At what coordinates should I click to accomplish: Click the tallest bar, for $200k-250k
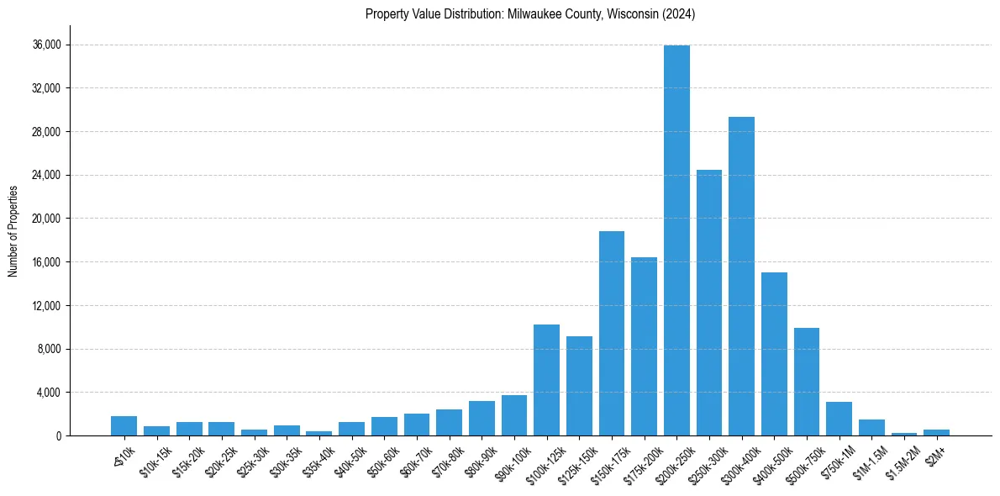click(x=676, y=240)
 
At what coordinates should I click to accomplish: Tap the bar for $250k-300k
click(x=709, y=303)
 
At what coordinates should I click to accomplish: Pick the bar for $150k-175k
click(x=612, y=333)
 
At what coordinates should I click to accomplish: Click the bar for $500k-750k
click(x=807, y=382)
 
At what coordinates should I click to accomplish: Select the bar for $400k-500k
click(x=774, y=354)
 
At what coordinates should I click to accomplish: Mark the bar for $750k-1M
click(x=839, y=419)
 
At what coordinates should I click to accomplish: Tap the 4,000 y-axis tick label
click(x=48, y=393)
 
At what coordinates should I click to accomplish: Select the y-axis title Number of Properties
click(x=13, y=230)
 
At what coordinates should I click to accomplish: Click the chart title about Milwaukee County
click(x=530, y=14)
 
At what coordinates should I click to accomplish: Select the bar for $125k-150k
click(x=579, y=386)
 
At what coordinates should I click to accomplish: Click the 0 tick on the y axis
click(x=58, y=435)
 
